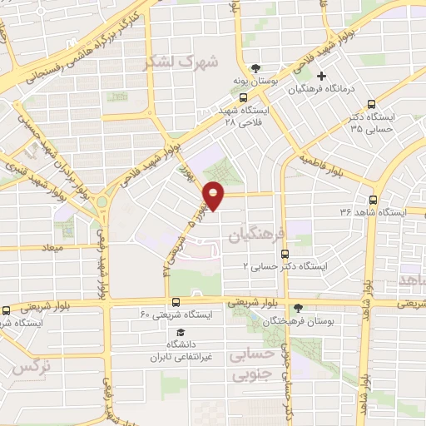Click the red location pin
click(x=214, y=196)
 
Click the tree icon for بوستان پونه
click(x=255, y=67)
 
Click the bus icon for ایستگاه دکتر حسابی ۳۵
click(x=371, y=104)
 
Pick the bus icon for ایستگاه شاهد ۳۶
click(x=373, y=200)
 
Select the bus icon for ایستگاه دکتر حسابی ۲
click(x=285, y=254)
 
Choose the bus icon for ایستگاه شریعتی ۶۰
click(x=176, y=303)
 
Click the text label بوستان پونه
click(x=255, y=83)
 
